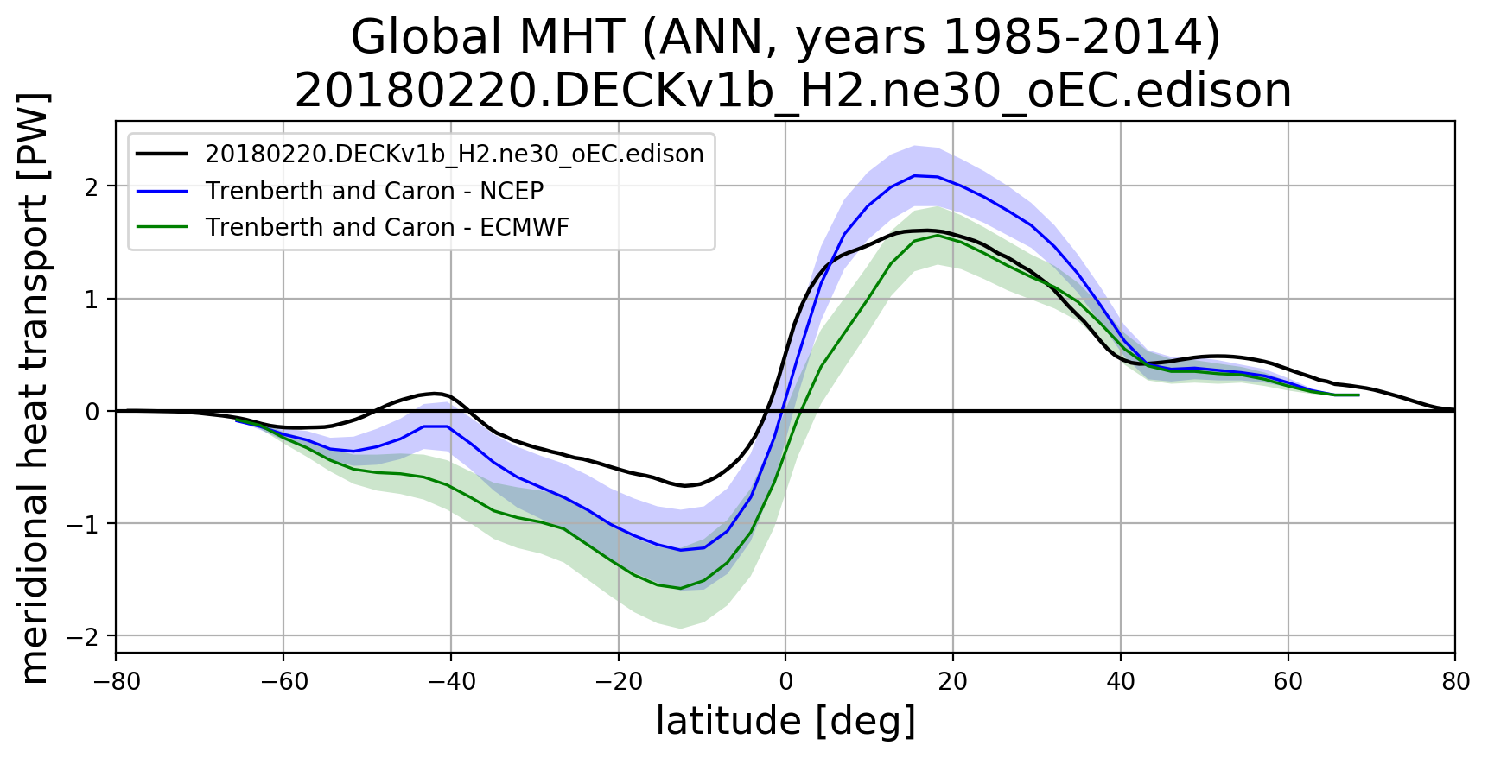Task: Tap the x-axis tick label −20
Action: tap(619, 682)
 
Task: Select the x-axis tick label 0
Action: tap(785, 682)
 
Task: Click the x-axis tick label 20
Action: tap(953, 682)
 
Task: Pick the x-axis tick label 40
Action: tap(1121, 682)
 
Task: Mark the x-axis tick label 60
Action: tap(1288, 682)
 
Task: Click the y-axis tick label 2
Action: tap(92, 186)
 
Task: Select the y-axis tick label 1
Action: tap(92, 299)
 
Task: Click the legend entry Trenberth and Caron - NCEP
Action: tap(374, 191)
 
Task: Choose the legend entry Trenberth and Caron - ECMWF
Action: tap(387, 227)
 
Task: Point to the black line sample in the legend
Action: tap(162, 154)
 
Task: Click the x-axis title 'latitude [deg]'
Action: tap(785, 722)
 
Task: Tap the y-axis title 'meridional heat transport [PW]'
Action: tap(35, 388)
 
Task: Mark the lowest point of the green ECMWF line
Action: tap(680, 588)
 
